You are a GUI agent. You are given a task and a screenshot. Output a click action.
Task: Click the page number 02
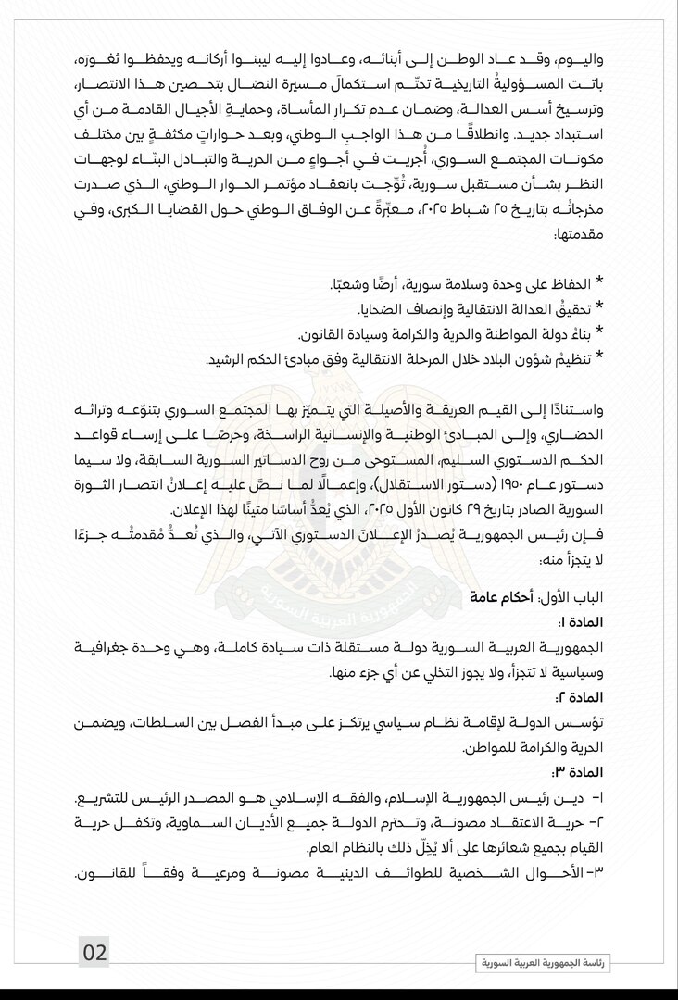[x=95, y=952]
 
